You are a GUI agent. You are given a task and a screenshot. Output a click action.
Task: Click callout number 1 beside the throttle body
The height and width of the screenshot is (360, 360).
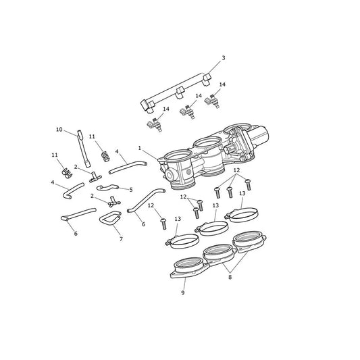click(x=140, y=148)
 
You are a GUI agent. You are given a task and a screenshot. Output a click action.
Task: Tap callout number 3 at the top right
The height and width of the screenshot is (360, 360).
click(x=224, y=58)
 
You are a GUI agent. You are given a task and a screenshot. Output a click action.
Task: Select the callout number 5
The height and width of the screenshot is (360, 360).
click(x=131, y=190)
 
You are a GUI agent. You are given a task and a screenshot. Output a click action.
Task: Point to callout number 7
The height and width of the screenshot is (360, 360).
click(x=121, y=239)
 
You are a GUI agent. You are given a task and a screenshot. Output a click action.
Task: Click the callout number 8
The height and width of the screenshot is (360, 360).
click(x=230, y=277)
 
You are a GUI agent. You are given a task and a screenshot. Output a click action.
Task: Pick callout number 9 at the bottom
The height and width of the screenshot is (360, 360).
click(x=183, y=292)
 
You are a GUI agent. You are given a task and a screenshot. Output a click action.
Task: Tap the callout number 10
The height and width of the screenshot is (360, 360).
click(x=59, y=130)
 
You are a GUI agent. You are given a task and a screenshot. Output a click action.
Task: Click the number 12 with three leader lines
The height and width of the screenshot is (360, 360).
click(x=236, y=170)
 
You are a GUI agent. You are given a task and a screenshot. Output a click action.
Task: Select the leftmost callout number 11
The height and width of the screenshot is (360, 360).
click(x=55, y=155)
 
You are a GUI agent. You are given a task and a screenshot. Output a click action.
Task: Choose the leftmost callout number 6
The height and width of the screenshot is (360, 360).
click(x=76, y=234)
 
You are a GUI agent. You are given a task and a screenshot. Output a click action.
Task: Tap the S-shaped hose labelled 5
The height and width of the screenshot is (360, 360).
click(x=107, y=187)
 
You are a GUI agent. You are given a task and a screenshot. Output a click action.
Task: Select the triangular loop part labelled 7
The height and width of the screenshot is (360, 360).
click(x=111, y=218)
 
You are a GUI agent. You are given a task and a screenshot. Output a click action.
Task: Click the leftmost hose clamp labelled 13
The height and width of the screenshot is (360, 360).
click(x=182, y=241)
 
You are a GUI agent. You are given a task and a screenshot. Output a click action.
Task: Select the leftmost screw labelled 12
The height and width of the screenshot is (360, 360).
click(x=163, y=224)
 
